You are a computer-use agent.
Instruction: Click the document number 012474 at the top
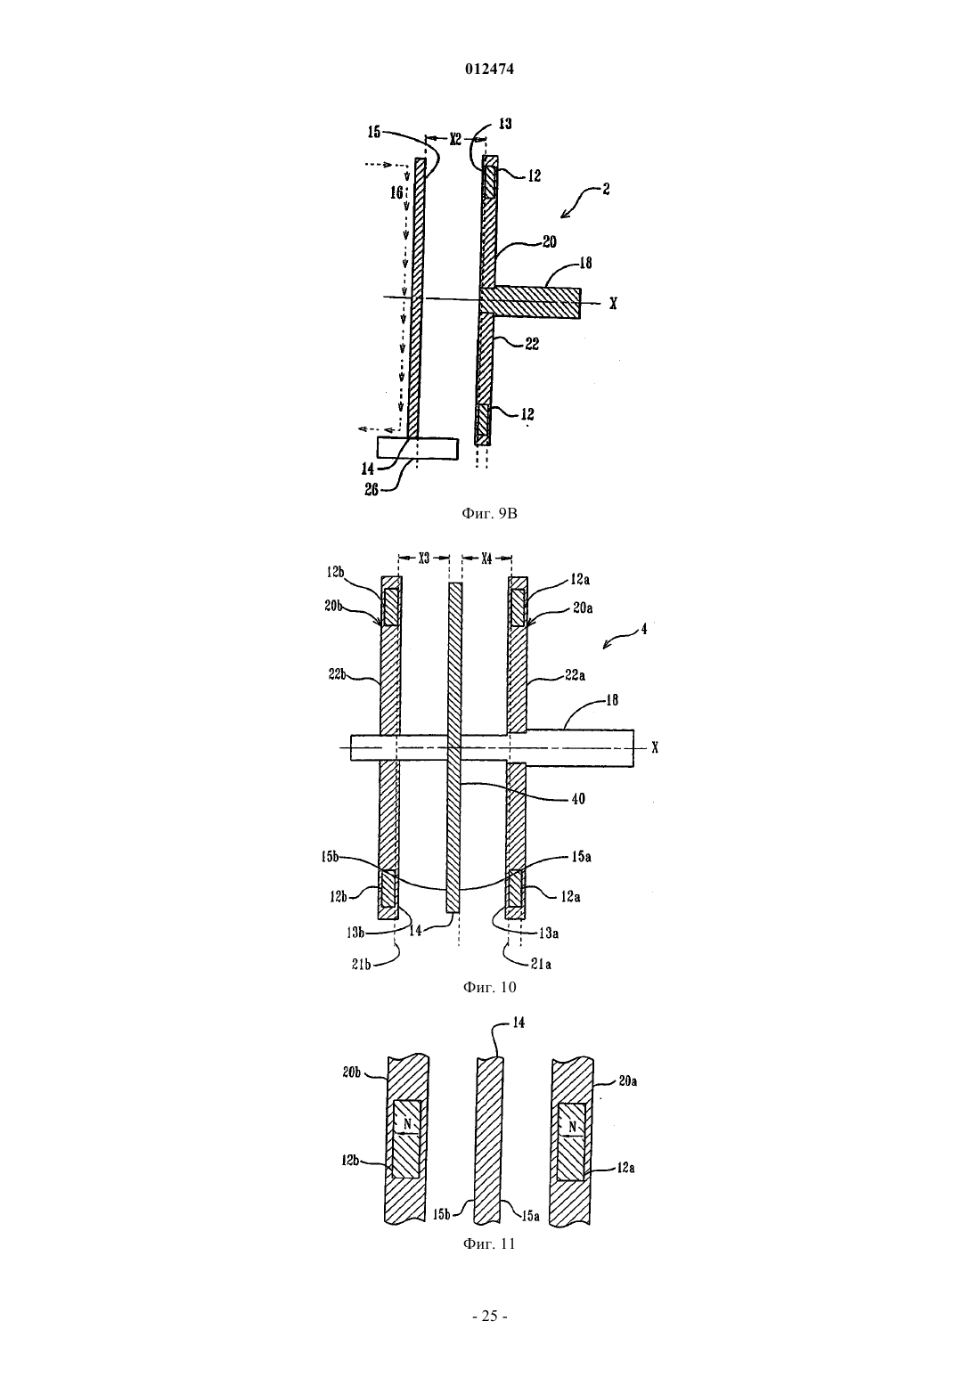[x=489, y=69]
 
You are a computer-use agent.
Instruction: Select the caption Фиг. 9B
[x=489, y=513]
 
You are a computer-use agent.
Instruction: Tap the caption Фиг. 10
[x=489, y=987]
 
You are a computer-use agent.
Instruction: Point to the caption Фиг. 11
[x=489, y=1243]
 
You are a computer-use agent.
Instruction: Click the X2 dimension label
[x=455, y=139]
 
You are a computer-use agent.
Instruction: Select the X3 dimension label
[x=424, y=558]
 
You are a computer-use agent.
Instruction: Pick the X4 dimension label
[x=487, y=558]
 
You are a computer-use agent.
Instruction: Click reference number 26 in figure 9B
[x=371, y=491]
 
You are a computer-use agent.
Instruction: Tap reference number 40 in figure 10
[x=578, y=799]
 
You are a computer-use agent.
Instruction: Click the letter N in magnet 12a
[x=572, y=1127]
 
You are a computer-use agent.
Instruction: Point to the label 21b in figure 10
[x=362, y=964]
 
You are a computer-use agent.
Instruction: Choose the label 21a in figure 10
[x=542, y=964]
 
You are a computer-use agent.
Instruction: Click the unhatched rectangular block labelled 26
[x=418, y=448]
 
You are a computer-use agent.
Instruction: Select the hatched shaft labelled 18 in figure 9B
[x=530, y=303]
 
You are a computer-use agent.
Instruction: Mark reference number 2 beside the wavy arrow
[x=607, y=189]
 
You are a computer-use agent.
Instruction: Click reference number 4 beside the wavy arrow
[x=644, y=629]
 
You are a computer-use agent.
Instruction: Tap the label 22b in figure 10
[x=337, y=674]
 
